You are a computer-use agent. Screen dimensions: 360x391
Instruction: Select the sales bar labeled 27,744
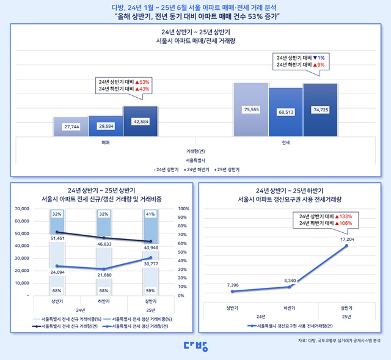pos(70,126)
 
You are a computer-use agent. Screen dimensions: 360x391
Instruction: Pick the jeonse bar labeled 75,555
pos(251,109)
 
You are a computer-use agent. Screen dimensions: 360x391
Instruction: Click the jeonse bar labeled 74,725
pos(320,110)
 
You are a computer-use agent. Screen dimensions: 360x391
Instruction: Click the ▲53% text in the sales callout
pos(142,81)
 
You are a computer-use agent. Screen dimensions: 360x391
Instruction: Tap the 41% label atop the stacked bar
pos(150,215)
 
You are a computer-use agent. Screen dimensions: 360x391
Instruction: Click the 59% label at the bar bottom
pos(150,290)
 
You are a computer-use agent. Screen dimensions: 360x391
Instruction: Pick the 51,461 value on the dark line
pos(57,237)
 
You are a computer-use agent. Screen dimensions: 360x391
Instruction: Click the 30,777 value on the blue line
pos(150,263)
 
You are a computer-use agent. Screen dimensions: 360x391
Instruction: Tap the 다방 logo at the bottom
pos(195,346)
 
